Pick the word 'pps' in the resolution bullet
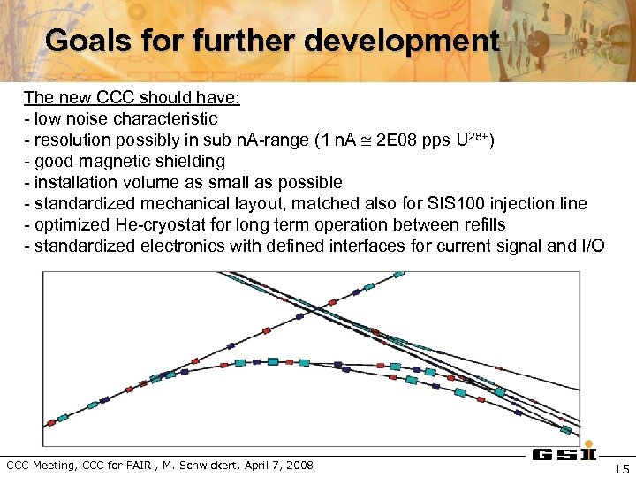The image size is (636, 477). pos(435,140)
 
